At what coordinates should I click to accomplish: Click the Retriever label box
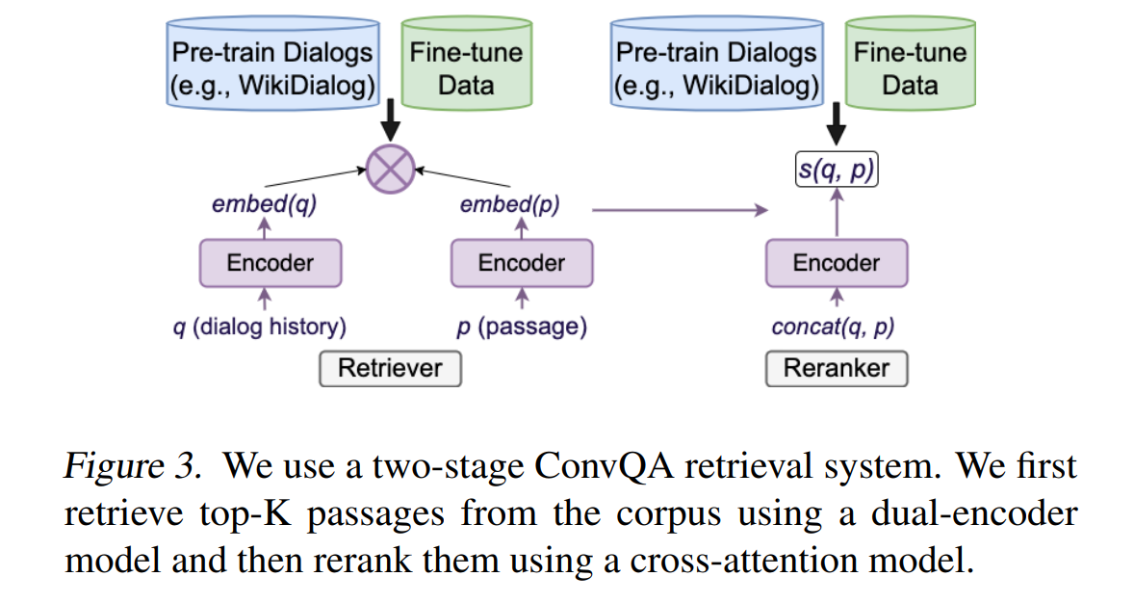coord(391,369)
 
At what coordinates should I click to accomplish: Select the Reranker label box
coord(837,369)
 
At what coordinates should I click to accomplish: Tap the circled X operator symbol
coord(391,170)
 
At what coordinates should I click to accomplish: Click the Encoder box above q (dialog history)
coord(271,263)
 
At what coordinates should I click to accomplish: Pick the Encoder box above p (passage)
coord(522,263)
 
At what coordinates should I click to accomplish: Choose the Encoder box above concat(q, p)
coord(837,263)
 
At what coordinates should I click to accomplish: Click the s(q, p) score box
coord(837,170)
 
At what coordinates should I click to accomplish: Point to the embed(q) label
coord(265,205)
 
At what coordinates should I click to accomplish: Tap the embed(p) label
coord(510,205)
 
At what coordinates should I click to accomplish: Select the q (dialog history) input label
coord(260,327)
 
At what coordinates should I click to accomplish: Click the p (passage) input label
coord(522,327)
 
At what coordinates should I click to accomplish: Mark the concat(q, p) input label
coord(833,328)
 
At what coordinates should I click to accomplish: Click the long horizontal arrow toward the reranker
coord(680,210)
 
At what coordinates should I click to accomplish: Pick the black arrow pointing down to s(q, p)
coord(836,124)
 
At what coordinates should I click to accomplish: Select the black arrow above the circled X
coord(391,121)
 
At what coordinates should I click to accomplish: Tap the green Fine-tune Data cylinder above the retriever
coord(467,63)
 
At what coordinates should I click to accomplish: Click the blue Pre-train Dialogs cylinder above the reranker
coord(717,63)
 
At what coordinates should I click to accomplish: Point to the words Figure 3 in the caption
coord(132,465)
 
